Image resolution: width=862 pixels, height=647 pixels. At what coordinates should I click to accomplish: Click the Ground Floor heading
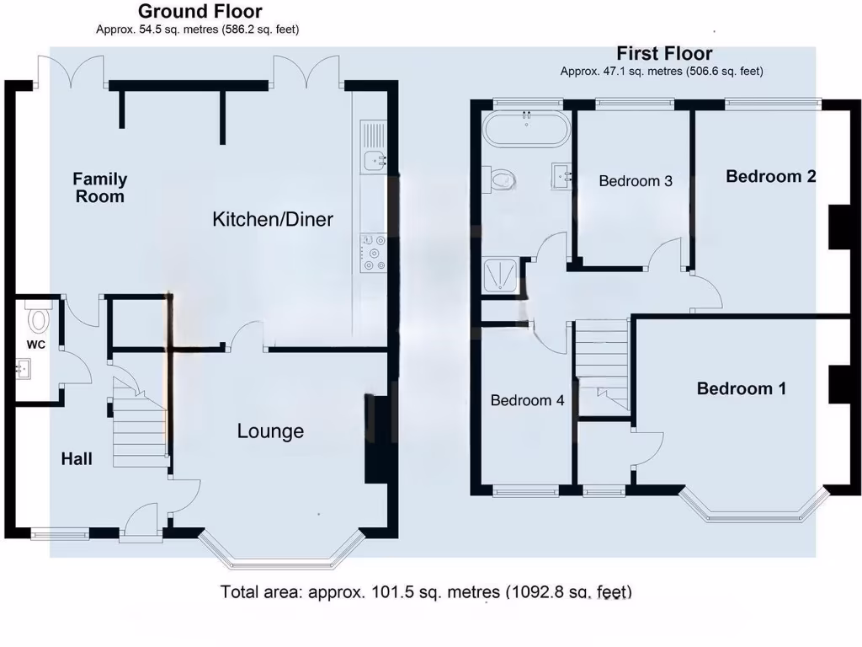coord(200,12)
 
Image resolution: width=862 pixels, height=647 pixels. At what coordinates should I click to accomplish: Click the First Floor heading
coord(664,54)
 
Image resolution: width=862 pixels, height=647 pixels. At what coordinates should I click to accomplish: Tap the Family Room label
coord(99,187)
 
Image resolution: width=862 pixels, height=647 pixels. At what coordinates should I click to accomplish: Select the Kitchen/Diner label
coord(273,220)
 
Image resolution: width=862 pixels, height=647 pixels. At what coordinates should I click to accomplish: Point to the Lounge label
coord(270,431)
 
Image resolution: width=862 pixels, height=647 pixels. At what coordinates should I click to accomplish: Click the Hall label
coord(77,459)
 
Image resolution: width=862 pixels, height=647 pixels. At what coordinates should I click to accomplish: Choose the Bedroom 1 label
coord(741,388)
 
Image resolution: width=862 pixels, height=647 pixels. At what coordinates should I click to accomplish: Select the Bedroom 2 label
coord(770,176)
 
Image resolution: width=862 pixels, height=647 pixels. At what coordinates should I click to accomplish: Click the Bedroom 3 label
coord(636,181)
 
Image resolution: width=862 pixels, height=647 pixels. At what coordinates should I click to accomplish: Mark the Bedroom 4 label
coord(527,400)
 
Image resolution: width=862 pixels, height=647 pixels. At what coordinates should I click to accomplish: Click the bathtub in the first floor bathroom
coord(526,129)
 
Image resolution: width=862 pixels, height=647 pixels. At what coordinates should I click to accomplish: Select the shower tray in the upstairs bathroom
coord(502,275)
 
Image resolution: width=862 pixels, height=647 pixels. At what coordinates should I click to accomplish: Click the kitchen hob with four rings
coord(373,253)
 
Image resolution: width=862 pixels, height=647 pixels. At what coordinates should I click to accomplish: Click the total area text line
coord(426,591)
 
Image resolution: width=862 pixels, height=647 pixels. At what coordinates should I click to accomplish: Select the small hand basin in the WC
coord(24,367)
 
